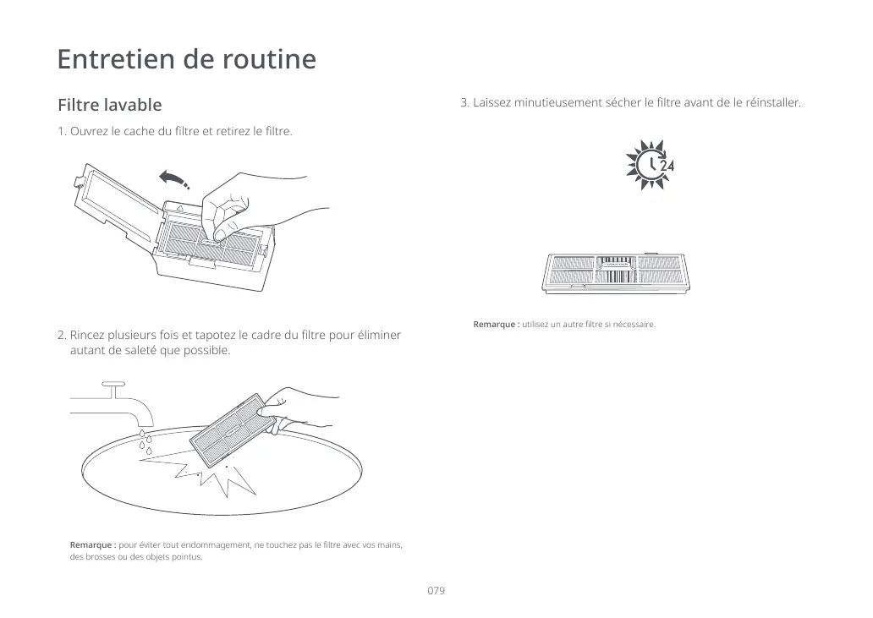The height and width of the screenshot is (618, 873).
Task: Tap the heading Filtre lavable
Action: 109,106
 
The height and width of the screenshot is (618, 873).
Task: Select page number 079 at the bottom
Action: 436,590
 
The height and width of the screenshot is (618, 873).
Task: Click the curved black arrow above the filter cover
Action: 173,178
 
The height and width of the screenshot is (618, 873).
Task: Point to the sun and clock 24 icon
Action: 649,166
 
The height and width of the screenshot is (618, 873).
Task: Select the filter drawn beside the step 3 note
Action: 618,271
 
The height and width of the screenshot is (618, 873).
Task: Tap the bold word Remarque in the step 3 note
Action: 496,325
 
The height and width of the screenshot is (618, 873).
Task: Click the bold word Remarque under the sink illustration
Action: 92,544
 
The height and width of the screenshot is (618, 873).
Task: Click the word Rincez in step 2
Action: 87,336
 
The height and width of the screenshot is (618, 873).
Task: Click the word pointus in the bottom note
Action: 186,557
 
